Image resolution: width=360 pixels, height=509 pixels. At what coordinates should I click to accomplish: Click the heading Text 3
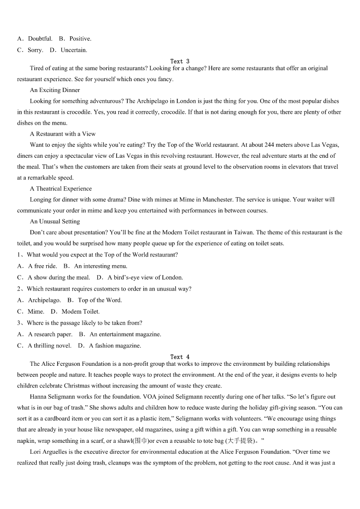pyautogui.click(x=180, y=61)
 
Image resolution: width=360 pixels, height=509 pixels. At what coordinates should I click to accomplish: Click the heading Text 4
pyautogui.click(x=180, y=357)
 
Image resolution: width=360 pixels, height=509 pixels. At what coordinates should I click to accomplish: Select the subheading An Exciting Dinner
pyautogui.click(x=55, y=90)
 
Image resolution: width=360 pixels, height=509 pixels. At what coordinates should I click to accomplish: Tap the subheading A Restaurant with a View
pyautogui.click(x=63, y=134)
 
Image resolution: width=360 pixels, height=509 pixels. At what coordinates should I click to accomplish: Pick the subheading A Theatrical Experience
pyautogui.click(x=61, y=189)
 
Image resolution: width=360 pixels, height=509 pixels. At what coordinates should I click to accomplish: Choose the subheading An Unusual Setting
pyautogui.click(x=55, y=222)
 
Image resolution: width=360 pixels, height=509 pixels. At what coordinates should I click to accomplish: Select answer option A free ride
pyautogui.click(x=43, y=266)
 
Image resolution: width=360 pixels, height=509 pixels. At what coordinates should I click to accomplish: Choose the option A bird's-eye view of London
pyautogui.click(x=145, y=277)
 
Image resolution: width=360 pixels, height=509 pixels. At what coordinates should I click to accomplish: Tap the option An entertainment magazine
pyautogui.click(x=125, y=334)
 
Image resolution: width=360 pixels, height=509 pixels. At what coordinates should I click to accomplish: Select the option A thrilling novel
pyautogui.click(x=49, y=345)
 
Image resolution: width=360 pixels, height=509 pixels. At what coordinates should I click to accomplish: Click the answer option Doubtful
pyautogui.click(x=40, y=39)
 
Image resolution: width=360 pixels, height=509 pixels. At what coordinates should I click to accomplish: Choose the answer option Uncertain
pyautogui.click(x=73, y=50)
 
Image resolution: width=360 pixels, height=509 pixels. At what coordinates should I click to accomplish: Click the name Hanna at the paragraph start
pyautogui.click(x=39, y=397)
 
